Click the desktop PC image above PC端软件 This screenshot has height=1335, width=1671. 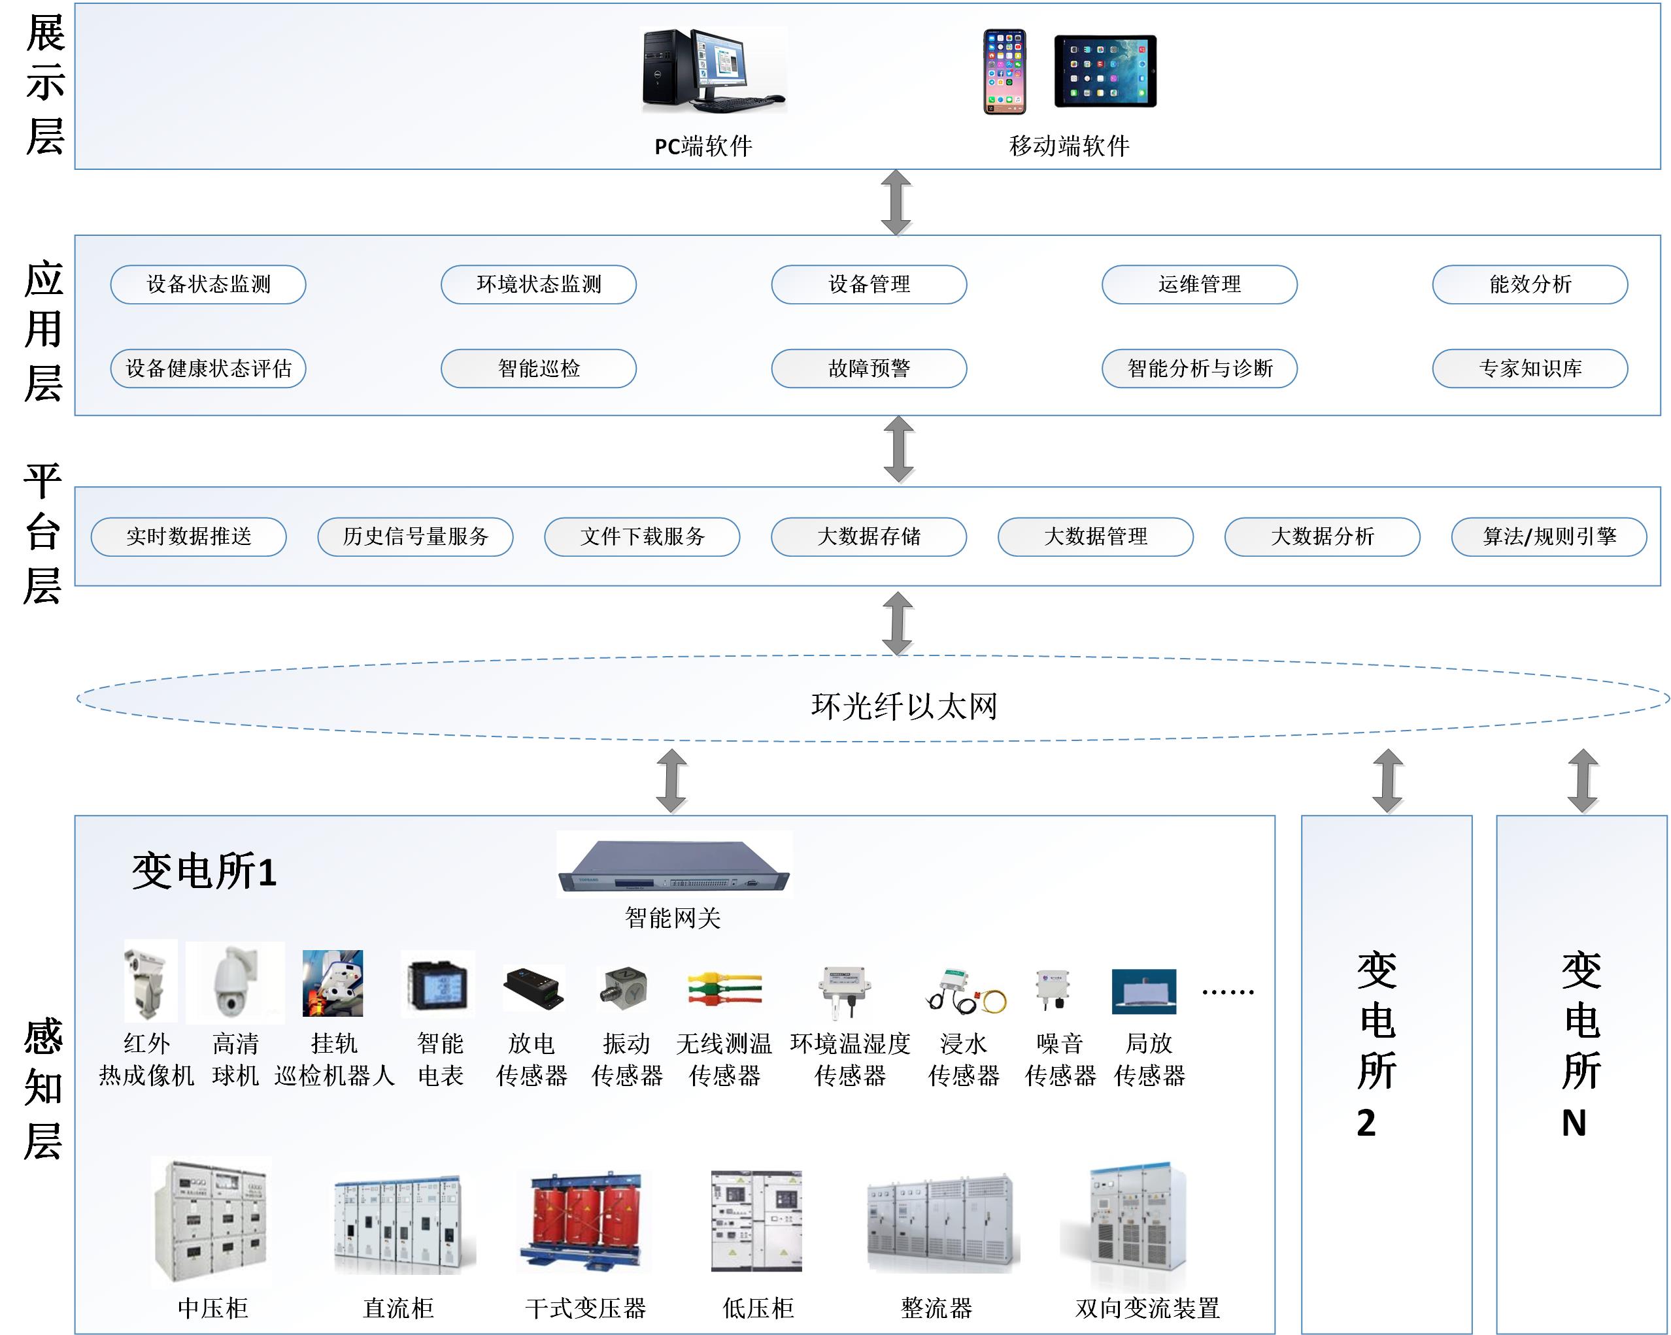713,70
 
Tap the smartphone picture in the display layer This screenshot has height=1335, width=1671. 1004,71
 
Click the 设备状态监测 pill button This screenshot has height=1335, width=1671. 209,284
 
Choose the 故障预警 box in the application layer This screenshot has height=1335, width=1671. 869,368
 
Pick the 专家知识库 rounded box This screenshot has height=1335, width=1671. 1529,368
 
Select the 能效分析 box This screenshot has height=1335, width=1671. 1529,284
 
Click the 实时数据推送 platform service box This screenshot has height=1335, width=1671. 188,536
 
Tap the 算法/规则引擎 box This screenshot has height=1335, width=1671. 1549,536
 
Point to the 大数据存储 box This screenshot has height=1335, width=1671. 869,536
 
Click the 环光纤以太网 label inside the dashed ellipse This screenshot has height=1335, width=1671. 903,706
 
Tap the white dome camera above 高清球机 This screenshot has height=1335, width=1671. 234,981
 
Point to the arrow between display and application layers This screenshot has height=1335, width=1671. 896,202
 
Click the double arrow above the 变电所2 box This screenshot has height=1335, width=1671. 1387,780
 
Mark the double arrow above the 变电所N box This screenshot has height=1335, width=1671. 1583,780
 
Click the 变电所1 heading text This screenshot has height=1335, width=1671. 204,871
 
